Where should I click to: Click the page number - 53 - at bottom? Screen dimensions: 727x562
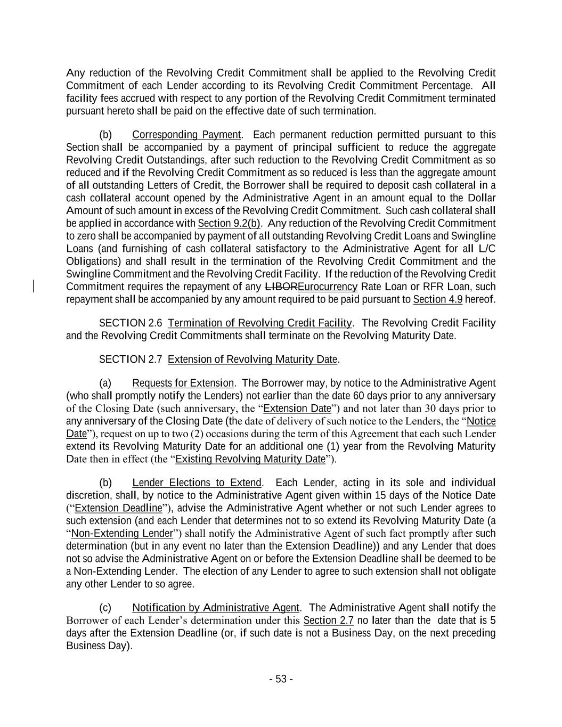click(281, 679)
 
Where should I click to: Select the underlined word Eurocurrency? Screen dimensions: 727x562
click(327, 287)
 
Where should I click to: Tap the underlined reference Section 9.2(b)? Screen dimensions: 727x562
click(229, 223)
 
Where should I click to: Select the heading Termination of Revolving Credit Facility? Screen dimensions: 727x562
click(259, 323)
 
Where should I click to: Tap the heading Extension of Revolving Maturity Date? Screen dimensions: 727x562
click(253, 360)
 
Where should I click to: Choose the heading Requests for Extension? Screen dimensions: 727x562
click(183, 383)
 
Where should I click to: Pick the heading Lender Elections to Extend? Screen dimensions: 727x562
click(197, 483)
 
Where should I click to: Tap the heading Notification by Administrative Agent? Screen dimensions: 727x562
click(215, 608)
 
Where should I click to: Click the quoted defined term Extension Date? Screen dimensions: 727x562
click(297, 409)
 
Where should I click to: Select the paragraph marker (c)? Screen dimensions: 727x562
click(105, 608)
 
